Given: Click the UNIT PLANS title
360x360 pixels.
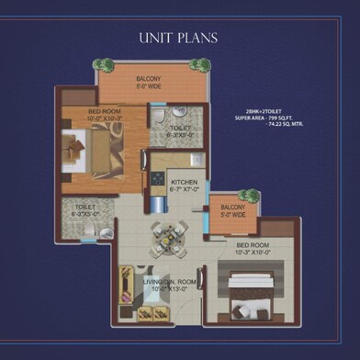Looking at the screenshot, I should click(x=179, y=38).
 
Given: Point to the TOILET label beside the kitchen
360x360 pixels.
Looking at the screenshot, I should click(x=180, y=129).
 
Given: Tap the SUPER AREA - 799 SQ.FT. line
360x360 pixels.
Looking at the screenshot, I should click(x=265, y=118).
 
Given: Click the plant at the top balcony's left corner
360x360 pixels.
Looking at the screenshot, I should click(x=103, y=65).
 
